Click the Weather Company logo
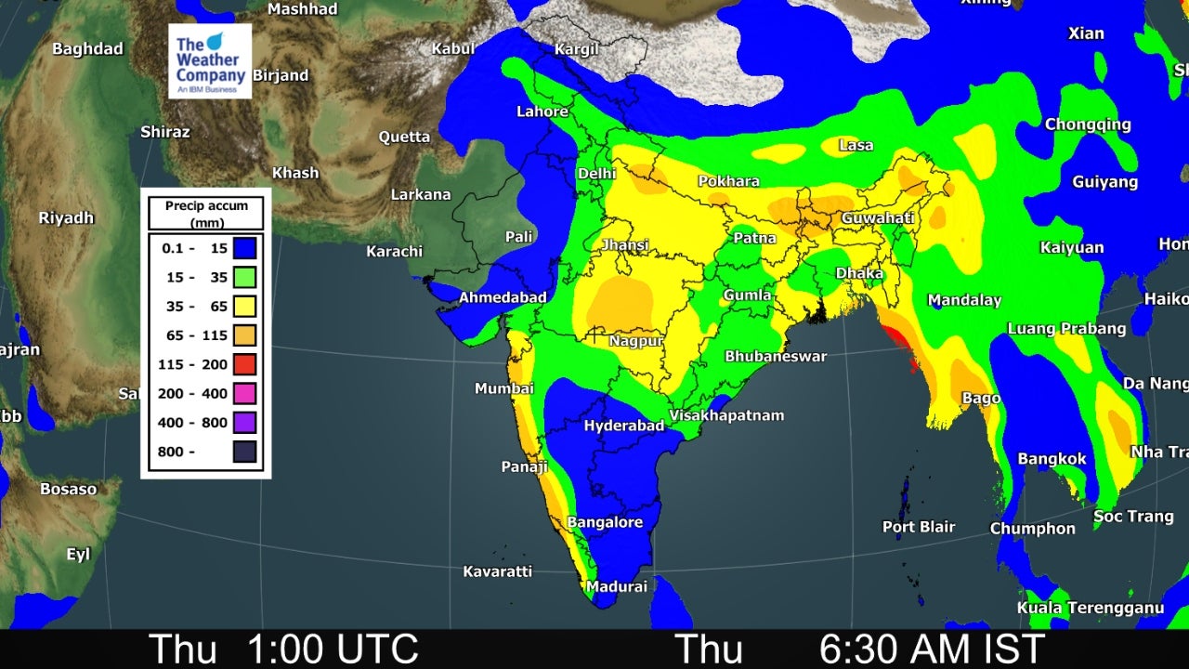point(209,61)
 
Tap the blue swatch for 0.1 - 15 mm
point(244,248)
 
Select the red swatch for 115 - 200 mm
point(244,364)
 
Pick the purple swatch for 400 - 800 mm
point(244,423)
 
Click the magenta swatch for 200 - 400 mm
point(244,394)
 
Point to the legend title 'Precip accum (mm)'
point(205,214)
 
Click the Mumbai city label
point(503,388)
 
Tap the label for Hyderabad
point(623,426)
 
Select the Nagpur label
point(635,341)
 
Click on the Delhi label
point(596,174)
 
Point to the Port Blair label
point(918,527)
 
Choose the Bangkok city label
point(1052,459)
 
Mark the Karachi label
point(394,251)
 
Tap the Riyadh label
point(66,217)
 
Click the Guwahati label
point(877,218)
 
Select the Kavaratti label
point(497,571)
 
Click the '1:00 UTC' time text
point(332,649)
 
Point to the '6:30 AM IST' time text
point(932,649)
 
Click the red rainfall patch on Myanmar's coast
point(898,339)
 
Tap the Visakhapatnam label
point(726,415)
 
